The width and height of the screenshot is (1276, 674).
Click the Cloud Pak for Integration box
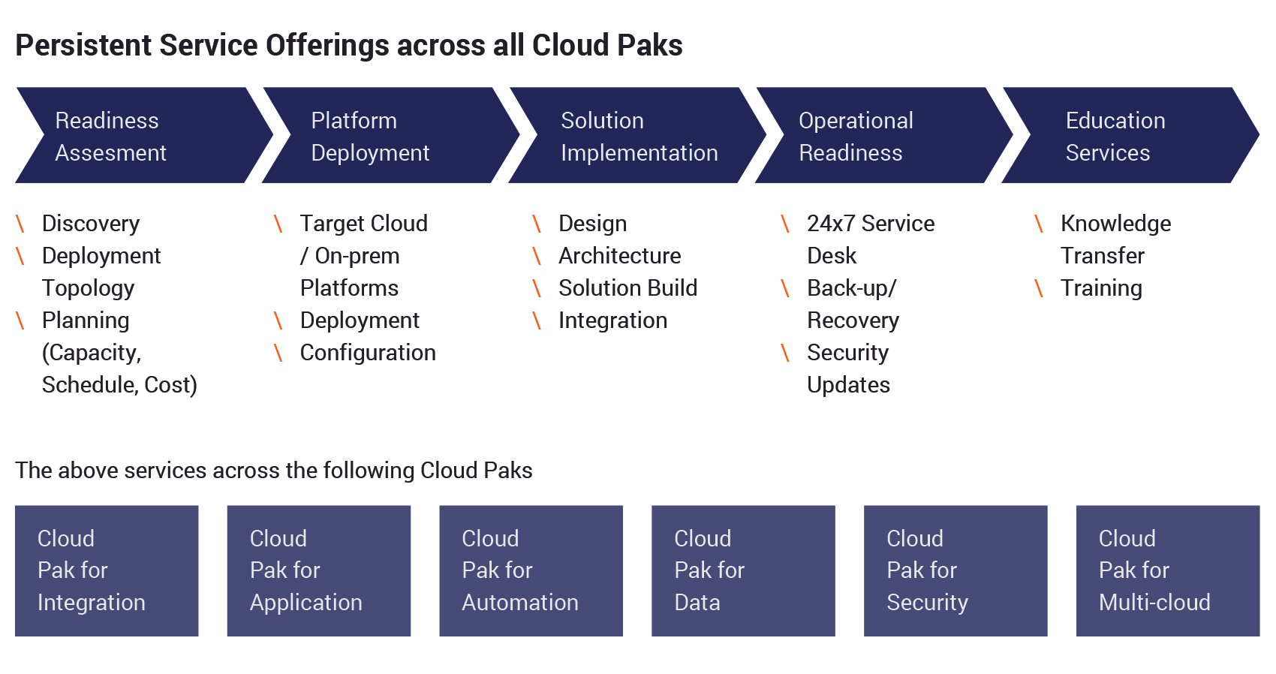107,570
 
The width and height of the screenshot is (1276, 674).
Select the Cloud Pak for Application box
319,570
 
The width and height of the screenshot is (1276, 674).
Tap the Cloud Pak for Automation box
531,570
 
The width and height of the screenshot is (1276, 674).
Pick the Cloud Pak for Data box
743,570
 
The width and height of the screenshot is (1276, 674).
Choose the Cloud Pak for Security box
955,570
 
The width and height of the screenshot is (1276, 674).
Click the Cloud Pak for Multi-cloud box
1168,570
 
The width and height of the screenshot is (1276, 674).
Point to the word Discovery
91,224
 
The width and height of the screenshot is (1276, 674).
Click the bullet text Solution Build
628,288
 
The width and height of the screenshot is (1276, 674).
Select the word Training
1101,288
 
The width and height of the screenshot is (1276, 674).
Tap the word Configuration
368,353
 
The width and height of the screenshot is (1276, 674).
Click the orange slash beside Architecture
537,257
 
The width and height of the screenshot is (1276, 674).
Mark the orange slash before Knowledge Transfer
1039,224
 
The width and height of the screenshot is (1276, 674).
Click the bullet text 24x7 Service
871,224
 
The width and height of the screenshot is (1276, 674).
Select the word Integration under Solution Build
612,320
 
